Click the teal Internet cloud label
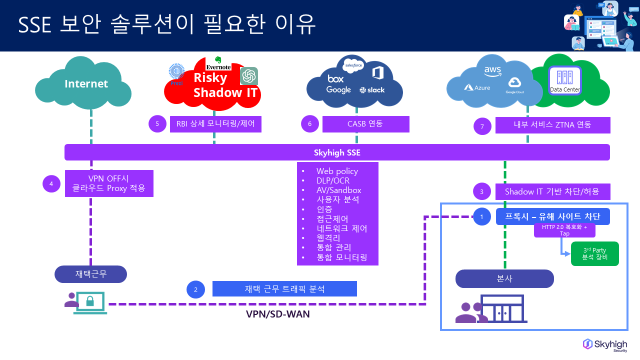[86, 84]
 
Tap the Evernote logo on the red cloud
[218, 64]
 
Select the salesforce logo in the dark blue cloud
[353, 65]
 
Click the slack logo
[372, 90]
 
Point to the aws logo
[492, 72]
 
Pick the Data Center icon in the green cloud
[565, 80]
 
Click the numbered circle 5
[157, 124]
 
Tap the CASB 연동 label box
[365, 124]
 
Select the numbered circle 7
[482, 126]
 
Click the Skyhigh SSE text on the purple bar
[337, 152]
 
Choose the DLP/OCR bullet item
[332, 180]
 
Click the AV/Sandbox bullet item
[338, 190]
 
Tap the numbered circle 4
[51, 183]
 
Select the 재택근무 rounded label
[90, 274]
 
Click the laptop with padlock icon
[90, 302]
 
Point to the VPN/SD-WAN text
[277, 314]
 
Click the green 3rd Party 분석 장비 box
[594, 253]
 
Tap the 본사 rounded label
[504, 278]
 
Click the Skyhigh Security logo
[605, 345]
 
